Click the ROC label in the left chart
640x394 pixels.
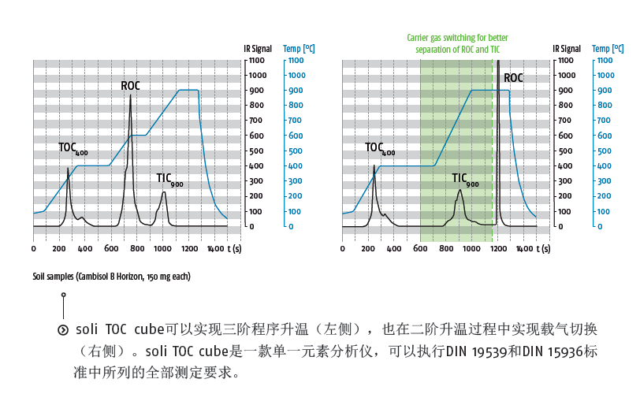tap(131, 85)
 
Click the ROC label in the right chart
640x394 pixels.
tap(513, 77)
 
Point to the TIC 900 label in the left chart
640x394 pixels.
tap(169, 179)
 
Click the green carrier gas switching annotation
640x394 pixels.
tap(457, 43)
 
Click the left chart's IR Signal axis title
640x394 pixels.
tap(259, 49)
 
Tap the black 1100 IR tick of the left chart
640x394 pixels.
tap(257, 60)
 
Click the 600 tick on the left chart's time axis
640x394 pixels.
tap(110, 248)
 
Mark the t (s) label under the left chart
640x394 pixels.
tap(234, 248)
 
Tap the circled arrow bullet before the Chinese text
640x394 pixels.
tap(63, 329)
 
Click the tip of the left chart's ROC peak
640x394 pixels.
tap(130, 96)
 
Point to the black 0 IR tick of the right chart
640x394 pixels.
tap(561, 227)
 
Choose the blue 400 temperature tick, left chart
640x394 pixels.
tap(291, 166)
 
